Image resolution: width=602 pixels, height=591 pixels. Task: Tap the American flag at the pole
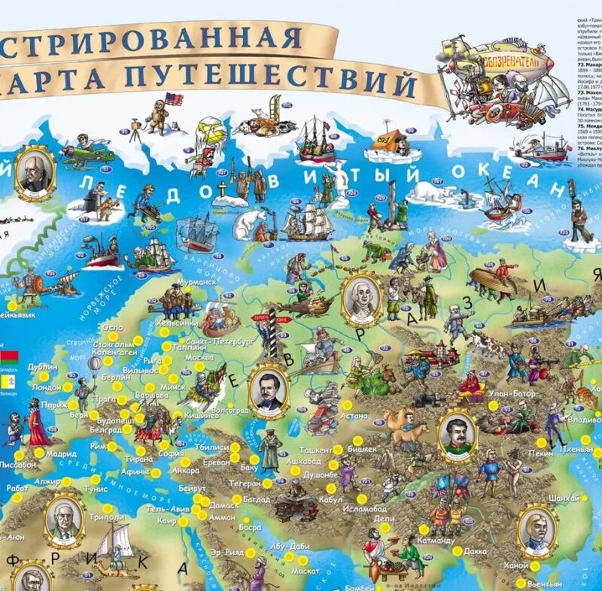tap(175, 98)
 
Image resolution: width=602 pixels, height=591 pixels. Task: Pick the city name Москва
tap(199, 357)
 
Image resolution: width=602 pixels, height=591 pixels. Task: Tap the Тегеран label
tap(245, 483)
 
